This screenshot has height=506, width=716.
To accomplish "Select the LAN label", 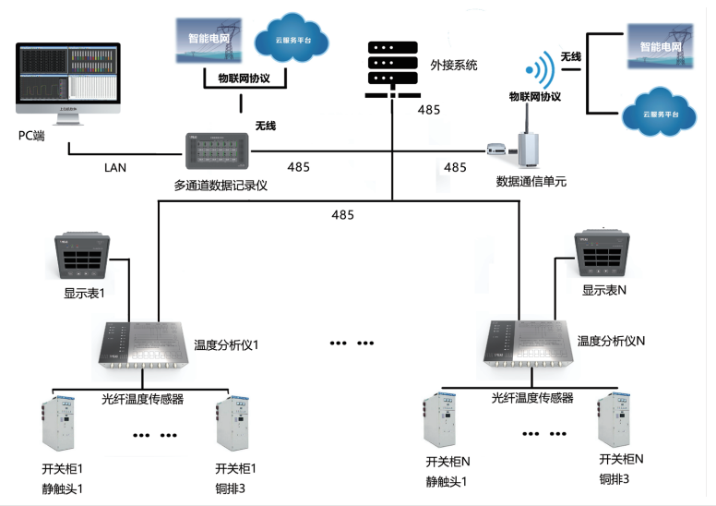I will pos(115,168).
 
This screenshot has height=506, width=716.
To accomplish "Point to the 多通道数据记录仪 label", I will pos(221,185).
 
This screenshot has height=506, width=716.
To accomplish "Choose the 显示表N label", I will pos(604,290).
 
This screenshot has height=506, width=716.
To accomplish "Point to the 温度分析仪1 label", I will pos(227,344).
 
